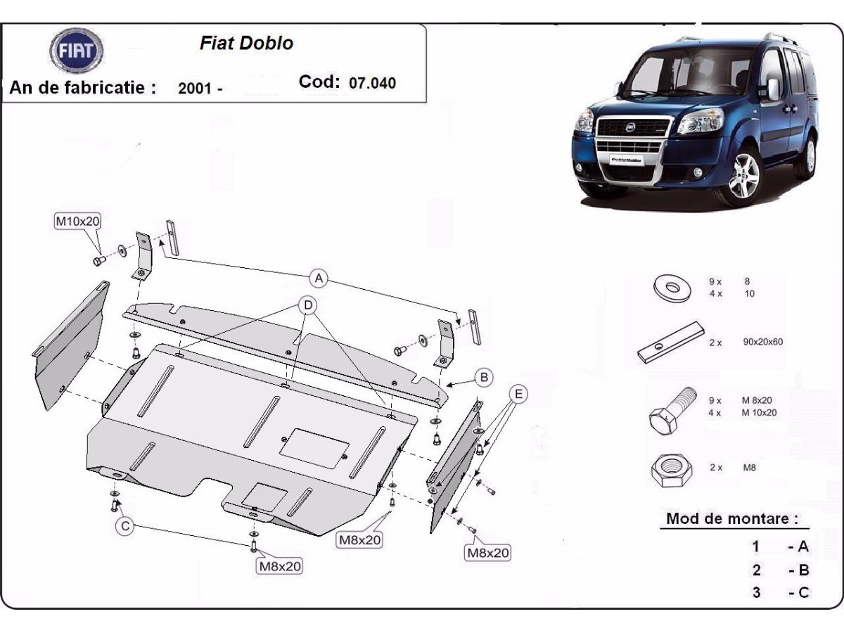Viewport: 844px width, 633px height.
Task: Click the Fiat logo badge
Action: (x=76, y=52)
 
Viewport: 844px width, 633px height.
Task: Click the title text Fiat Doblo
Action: (x=246, y=43)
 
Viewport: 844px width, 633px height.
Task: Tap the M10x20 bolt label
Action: (x=77, y=221)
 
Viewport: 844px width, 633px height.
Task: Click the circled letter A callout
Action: (x=319, y=278)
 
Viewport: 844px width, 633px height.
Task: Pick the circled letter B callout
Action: (x=484, y=378)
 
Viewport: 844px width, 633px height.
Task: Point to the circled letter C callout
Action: (x=125, y=526)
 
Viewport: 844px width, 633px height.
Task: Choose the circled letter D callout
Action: (x=308, y=305)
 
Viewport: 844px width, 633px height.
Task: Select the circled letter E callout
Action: (x=518, y=395)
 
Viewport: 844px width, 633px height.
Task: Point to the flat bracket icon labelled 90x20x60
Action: (x=672, y=343)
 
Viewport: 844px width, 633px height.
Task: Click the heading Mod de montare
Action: (x=732, y=519)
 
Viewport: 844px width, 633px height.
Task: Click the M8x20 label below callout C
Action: (x=280, y=565)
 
